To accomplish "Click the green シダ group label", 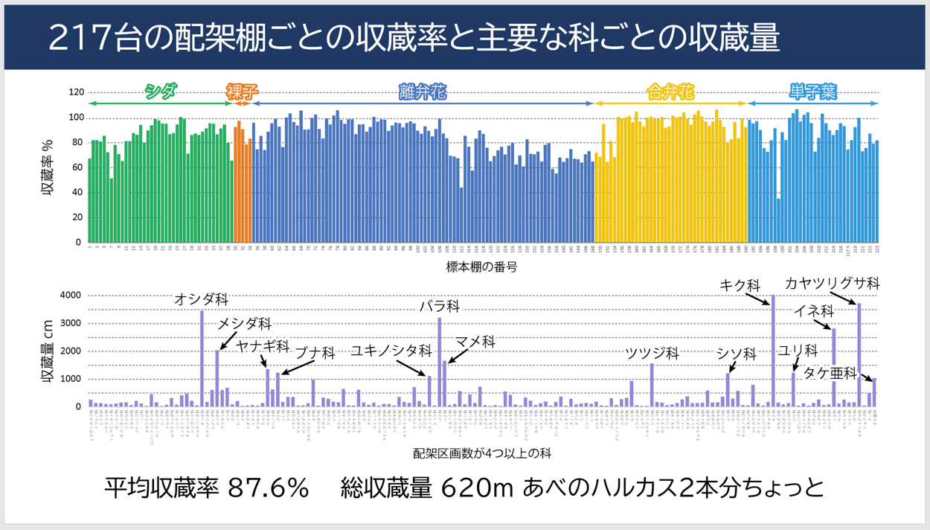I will [161, 92].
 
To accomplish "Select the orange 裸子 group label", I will [242, 92].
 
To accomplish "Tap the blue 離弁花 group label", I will [423, 92].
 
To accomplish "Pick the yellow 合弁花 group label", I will [670, 92].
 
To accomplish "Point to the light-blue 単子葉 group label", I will [813, 92].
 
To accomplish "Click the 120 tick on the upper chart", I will [75, 93].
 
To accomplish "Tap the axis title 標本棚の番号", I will [481, 267].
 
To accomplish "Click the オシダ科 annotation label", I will [201, 299].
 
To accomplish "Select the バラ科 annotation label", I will [439, 307].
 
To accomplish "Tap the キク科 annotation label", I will [740, 285].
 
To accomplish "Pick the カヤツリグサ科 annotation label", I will [833, 284].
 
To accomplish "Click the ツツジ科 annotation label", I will [652, 353].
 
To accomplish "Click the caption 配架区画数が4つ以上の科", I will [482, 453].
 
